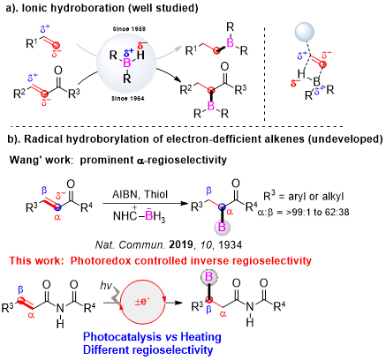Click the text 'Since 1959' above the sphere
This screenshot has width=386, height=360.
pos(129,29)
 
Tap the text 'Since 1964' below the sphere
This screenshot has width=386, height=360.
pos(128,98)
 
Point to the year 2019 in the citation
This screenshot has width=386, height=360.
pos(181,244)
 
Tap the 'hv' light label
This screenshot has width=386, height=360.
pos(106,285)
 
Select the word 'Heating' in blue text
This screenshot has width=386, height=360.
pos(201,336)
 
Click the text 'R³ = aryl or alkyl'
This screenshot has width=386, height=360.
pos(304,196)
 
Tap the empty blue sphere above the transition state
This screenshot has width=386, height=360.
pos(305,32)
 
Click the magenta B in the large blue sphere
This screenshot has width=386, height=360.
pos(127,63)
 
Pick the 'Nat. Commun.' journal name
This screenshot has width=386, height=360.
pos(130,244)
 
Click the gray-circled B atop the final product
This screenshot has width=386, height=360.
pos(208,277)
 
